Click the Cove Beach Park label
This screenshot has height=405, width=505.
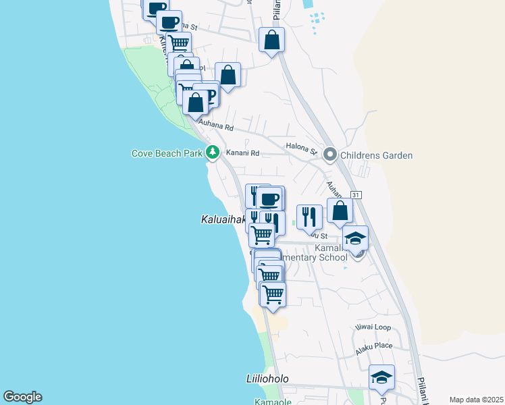167,153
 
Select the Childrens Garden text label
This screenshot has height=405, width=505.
376,155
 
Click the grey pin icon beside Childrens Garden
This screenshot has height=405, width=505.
330,155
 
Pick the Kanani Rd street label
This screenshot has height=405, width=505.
242,153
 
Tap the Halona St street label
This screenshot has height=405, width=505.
301,146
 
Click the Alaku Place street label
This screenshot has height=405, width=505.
374,347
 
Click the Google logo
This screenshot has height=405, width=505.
22,397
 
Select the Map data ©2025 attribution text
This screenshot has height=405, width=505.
475,400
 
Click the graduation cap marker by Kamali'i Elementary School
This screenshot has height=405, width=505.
355,238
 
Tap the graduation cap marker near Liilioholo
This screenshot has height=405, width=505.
381,377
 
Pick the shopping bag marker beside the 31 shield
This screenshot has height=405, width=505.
340,211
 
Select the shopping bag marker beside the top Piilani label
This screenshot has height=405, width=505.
271,40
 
